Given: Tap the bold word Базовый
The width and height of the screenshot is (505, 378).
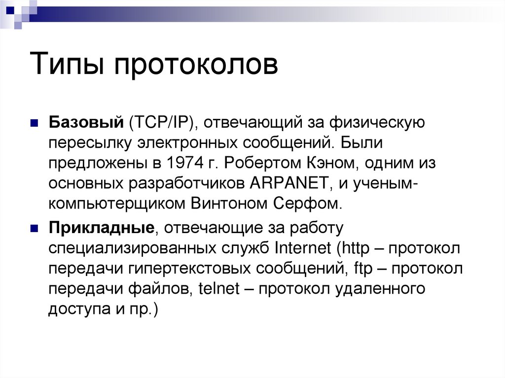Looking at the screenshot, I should [84, 123].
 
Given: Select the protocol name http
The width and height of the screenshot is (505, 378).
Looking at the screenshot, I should [354, 248].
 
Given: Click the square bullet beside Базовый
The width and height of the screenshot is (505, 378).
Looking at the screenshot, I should [34, 123].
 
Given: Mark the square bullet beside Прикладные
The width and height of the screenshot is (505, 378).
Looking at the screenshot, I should [34, 229].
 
